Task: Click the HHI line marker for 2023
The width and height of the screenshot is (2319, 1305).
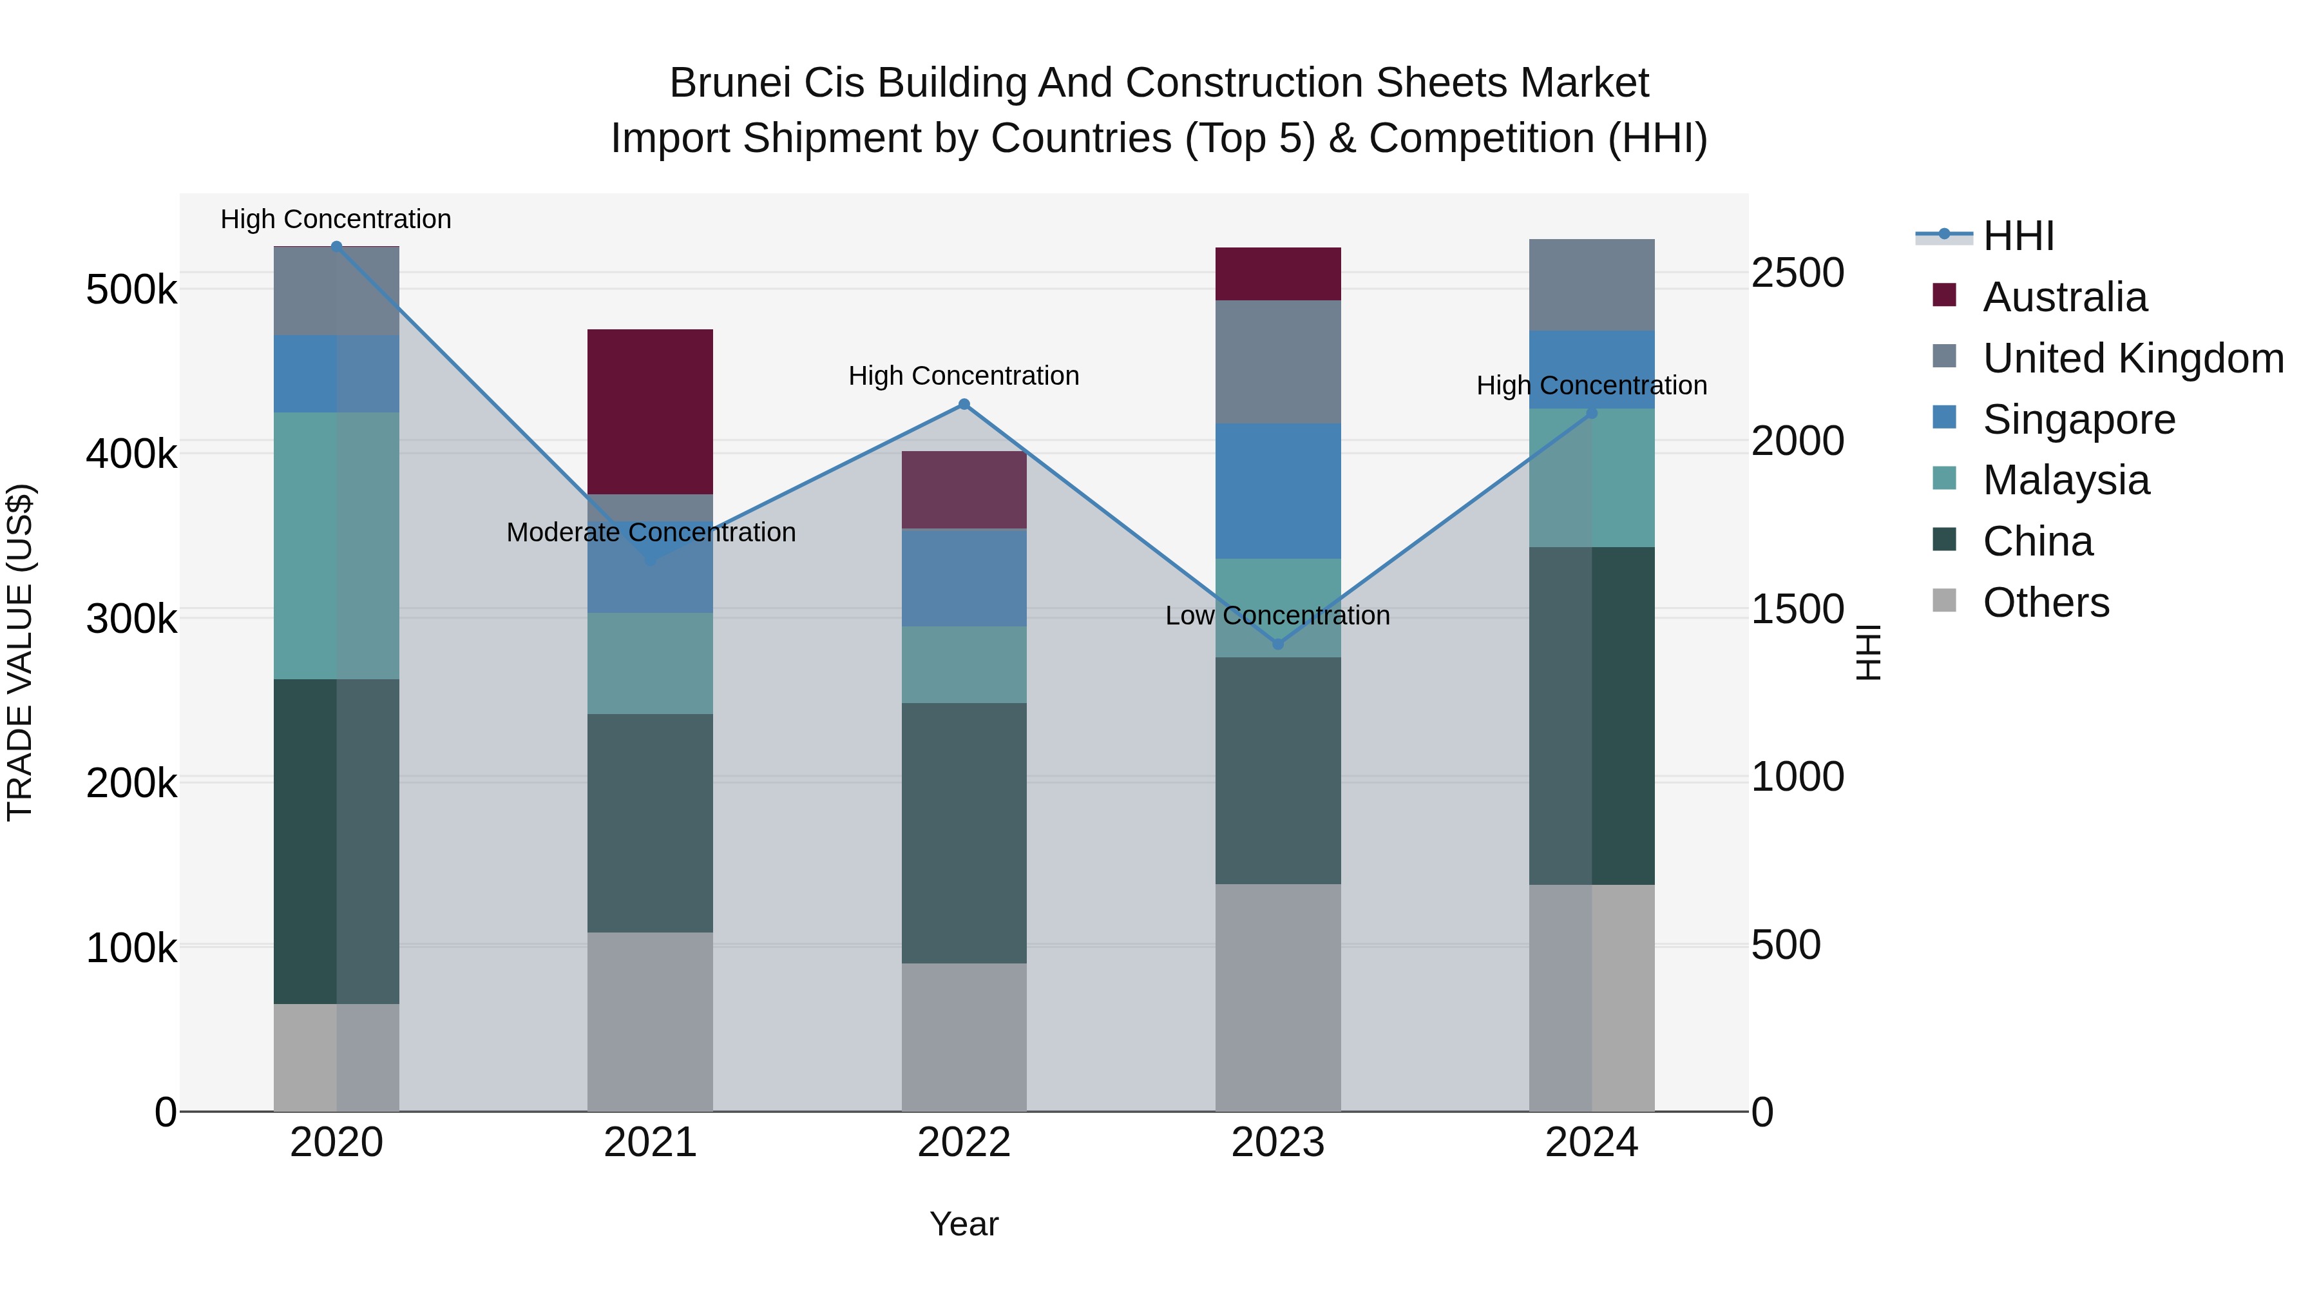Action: [x=1277, y=644]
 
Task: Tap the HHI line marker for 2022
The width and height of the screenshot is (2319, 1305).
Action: [x=964, y=404]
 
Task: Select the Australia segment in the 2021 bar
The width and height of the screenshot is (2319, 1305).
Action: [x=650, y=412]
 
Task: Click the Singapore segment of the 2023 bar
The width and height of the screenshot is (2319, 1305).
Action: [x=1277, y=491]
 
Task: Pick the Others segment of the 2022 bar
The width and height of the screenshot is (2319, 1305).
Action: [x=964, y=1037]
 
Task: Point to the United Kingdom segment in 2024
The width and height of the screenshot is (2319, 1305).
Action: [x=1592, y=285]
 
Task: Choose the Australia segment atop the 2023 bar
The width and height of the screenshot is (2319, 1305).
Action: [x=1277, y=274]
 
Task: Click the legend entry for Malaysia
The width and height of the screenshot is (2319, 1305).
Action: [x=2066, y=480]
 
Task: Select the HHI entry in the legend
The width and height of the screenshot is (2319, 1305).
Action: [x=2018, y=236]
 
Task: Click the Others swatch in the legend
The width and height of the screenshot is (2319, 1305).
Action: [x=1945, y=601]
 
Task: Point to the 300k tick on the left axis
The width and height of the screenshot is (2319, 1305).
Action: [x=131, y=619]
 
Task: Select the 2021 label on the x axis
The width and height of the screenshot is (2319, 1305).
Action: [x=650, y=1143]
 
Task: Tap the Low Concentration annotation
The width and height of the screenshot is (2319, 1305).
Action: [x=1277, y=616]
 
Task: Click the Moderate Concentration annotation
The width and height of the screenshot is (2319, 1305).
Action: [x=651, y=532]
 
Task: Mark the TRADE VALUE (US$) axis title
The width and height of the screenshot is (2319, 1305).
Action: [x=20, y=652]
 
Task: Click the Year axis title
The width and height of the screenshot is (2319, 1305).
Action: [x=964, y=1224]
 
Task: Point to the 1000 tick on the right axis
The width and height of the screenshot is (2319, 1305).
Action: [x=1797, y=777]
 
